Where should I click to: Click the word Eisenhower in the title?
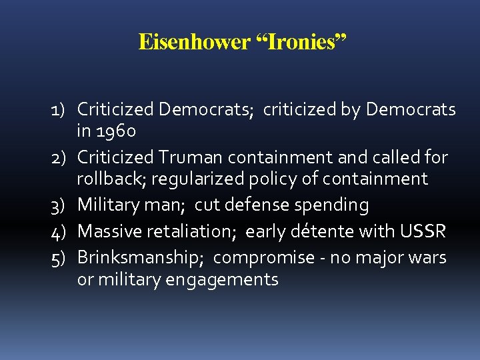point(193,43)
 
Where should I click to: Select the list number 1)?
point(62,109)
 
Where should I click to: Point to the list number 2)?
point(62,157)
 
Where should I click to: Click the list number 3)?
point(62,206)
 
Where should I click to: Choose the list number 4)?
point(62,231)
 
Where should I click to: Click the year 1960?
point(116,132)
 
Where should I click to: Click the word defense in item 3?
point(255,206)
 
